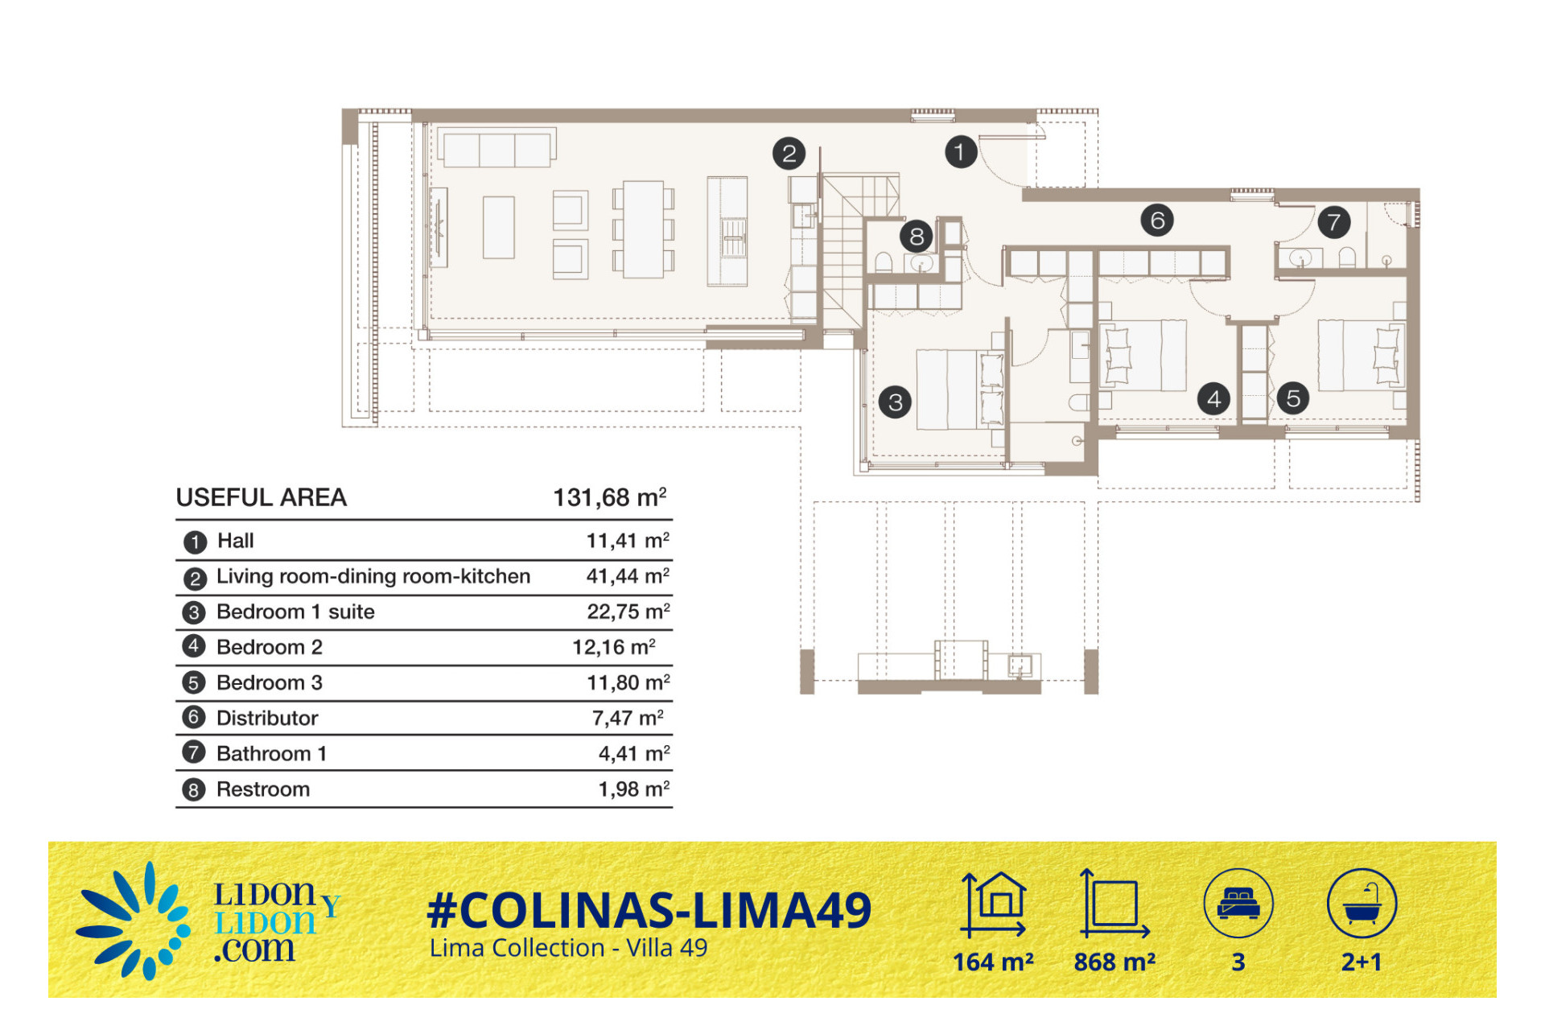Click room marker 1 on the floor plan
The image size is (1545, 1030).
click(x=960, y=151)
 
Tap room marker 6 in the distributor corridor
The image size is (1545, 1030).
click(x=1157, y=220)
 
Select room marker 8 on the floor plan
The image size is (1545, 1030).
click(x=917, y=237)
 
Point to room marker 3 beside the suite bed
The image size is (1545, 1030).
click(x=895, y=402)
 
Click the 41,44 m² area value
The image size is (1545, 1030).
click(x=628, y=576)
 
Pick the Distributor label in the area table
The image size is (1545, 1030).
click(x=267, y=718)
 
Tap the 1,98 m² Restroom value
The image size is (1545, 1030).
click(x=633, y=789)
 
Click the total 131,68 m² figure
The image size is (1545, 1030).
click(x=609, y=497)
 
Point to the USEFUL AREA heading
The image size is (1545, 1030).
click(x=262, y=497)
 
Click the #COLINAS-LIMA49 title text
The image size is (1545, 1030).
click(x=649, y=910)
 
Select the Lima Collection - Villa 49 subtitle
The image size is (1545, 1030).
click(x=568, y=948)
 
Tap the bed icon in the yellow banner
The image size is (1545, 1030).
click(x=1238, y=903)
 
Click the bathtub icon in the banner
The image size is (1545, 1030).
click(x=1362, y=903)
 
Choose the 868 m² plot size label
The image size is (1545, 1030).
click(x=1114, y=962)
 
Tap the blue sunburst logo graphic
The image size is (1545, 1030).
click(x=134, y=921)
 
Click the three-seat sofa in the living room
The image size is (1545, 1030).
click(x=497, y=148)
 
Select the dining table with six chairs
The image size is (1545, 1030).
click(x=643, y=229)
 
